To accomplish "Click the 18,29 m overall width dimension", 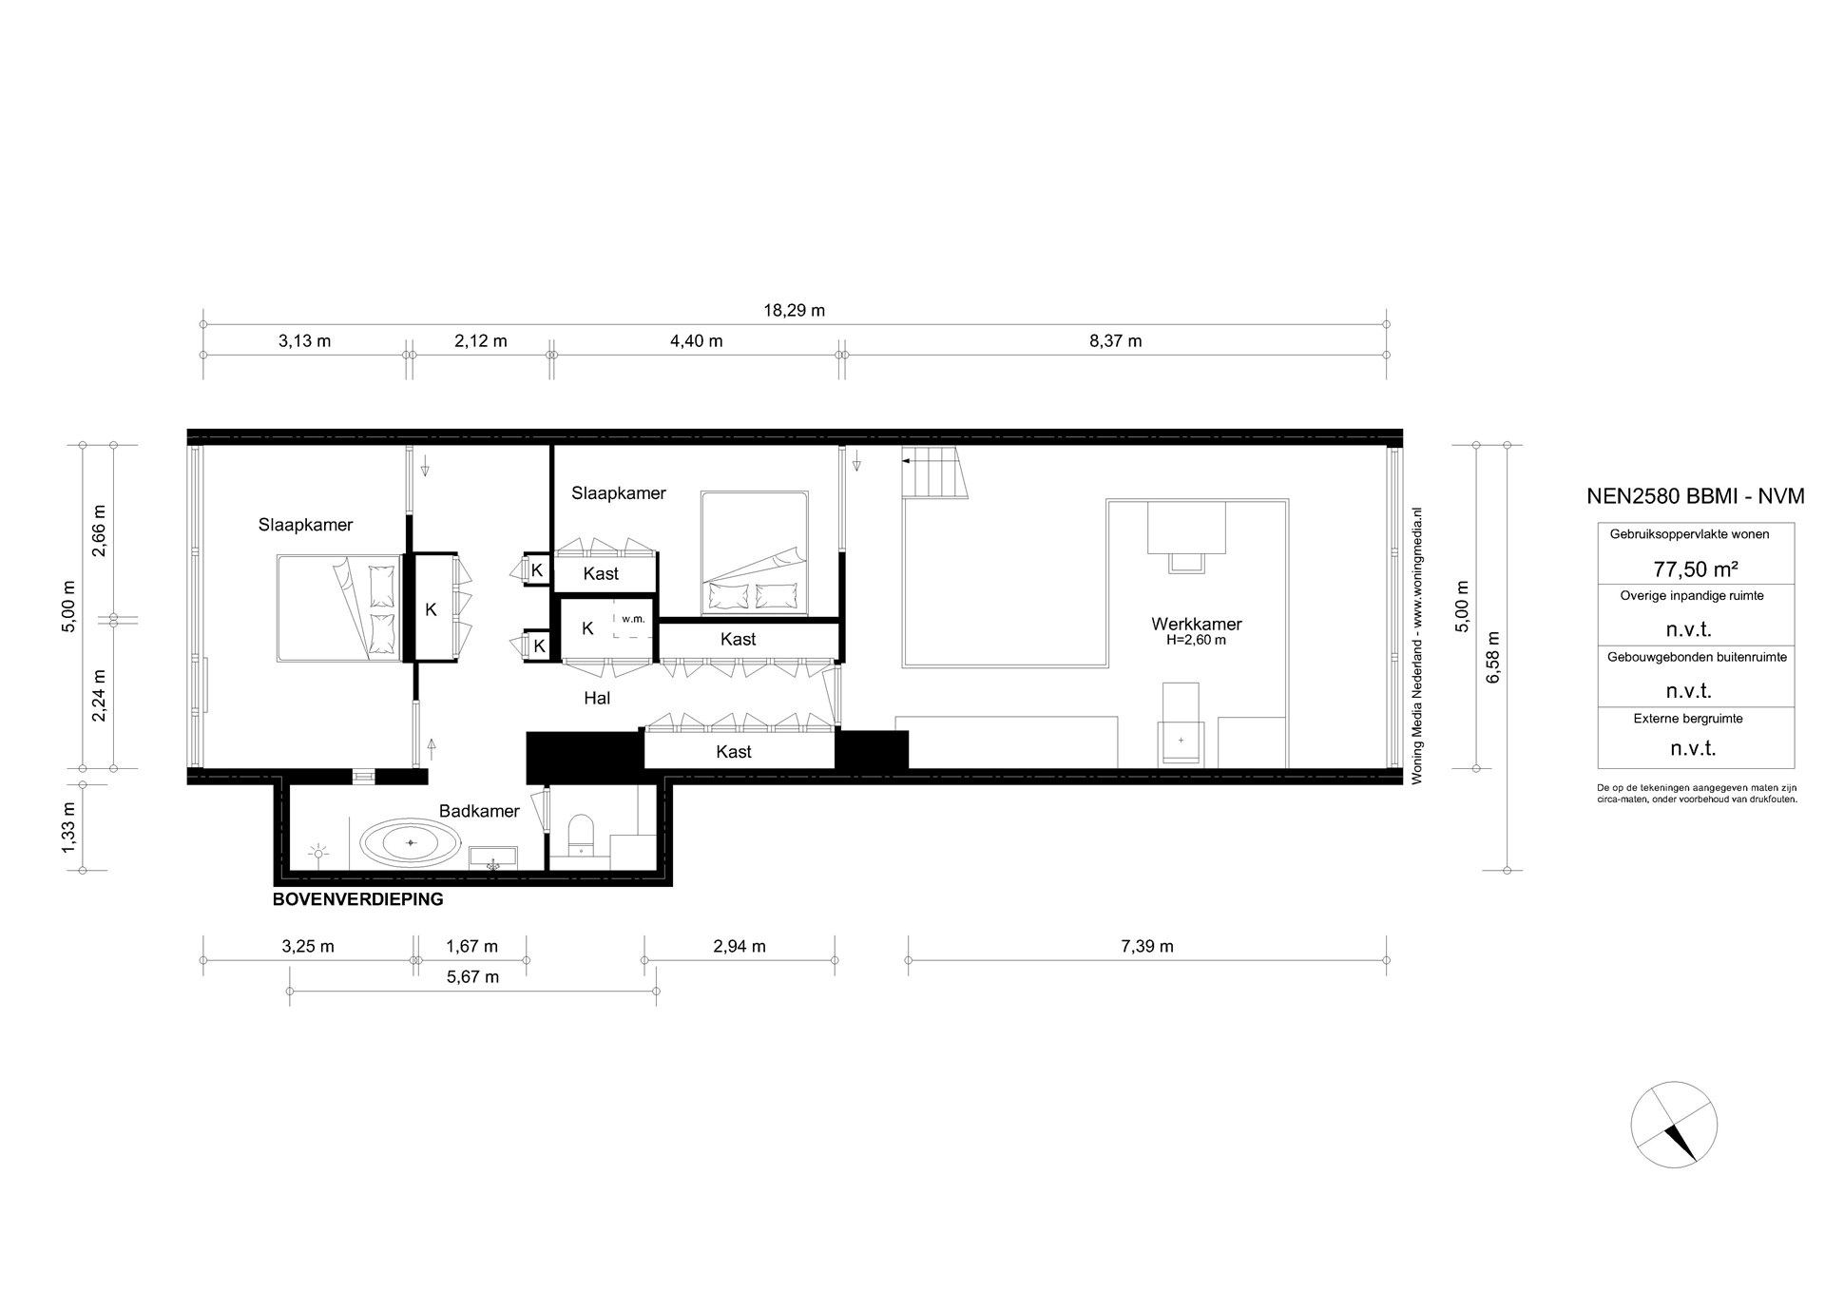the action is coord(794,310).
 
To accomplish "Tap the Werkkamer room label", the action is coord(1196,625).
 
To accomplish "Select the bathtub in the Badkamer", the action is coord(411,842).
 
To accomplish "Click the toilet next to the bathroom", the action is coord(580,834).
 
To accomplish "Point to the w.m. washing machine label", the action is coord(633,619).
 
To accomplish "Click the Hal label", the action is coord(597,698).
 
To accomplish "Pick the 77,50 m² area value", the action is coord(1696,569).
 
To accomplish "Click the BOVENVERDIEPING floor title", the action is coord(357,899).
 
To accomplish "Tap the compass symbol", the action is coord(1674,1125).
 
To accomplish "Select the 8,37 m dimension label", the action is coord(1115,340).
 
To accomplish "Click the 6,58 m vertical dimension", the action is coord(1493,657).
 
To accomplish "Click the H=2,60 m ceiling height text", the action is coord(1196,641).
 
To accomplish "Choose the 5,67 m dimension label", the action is coord(471,976).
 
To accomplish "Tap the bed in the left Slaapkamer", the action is coord(339,608).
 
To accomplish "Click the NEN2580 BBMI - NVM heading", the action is coord(1696,495).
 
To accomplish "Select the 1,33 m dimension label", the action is coord(68,828).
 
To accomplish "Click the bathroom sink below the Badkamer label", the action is coord(493,857).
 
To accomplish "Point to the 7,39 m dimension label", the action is coord(1146,946).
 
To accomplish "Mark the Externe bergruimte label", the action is coord(1688,719).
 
